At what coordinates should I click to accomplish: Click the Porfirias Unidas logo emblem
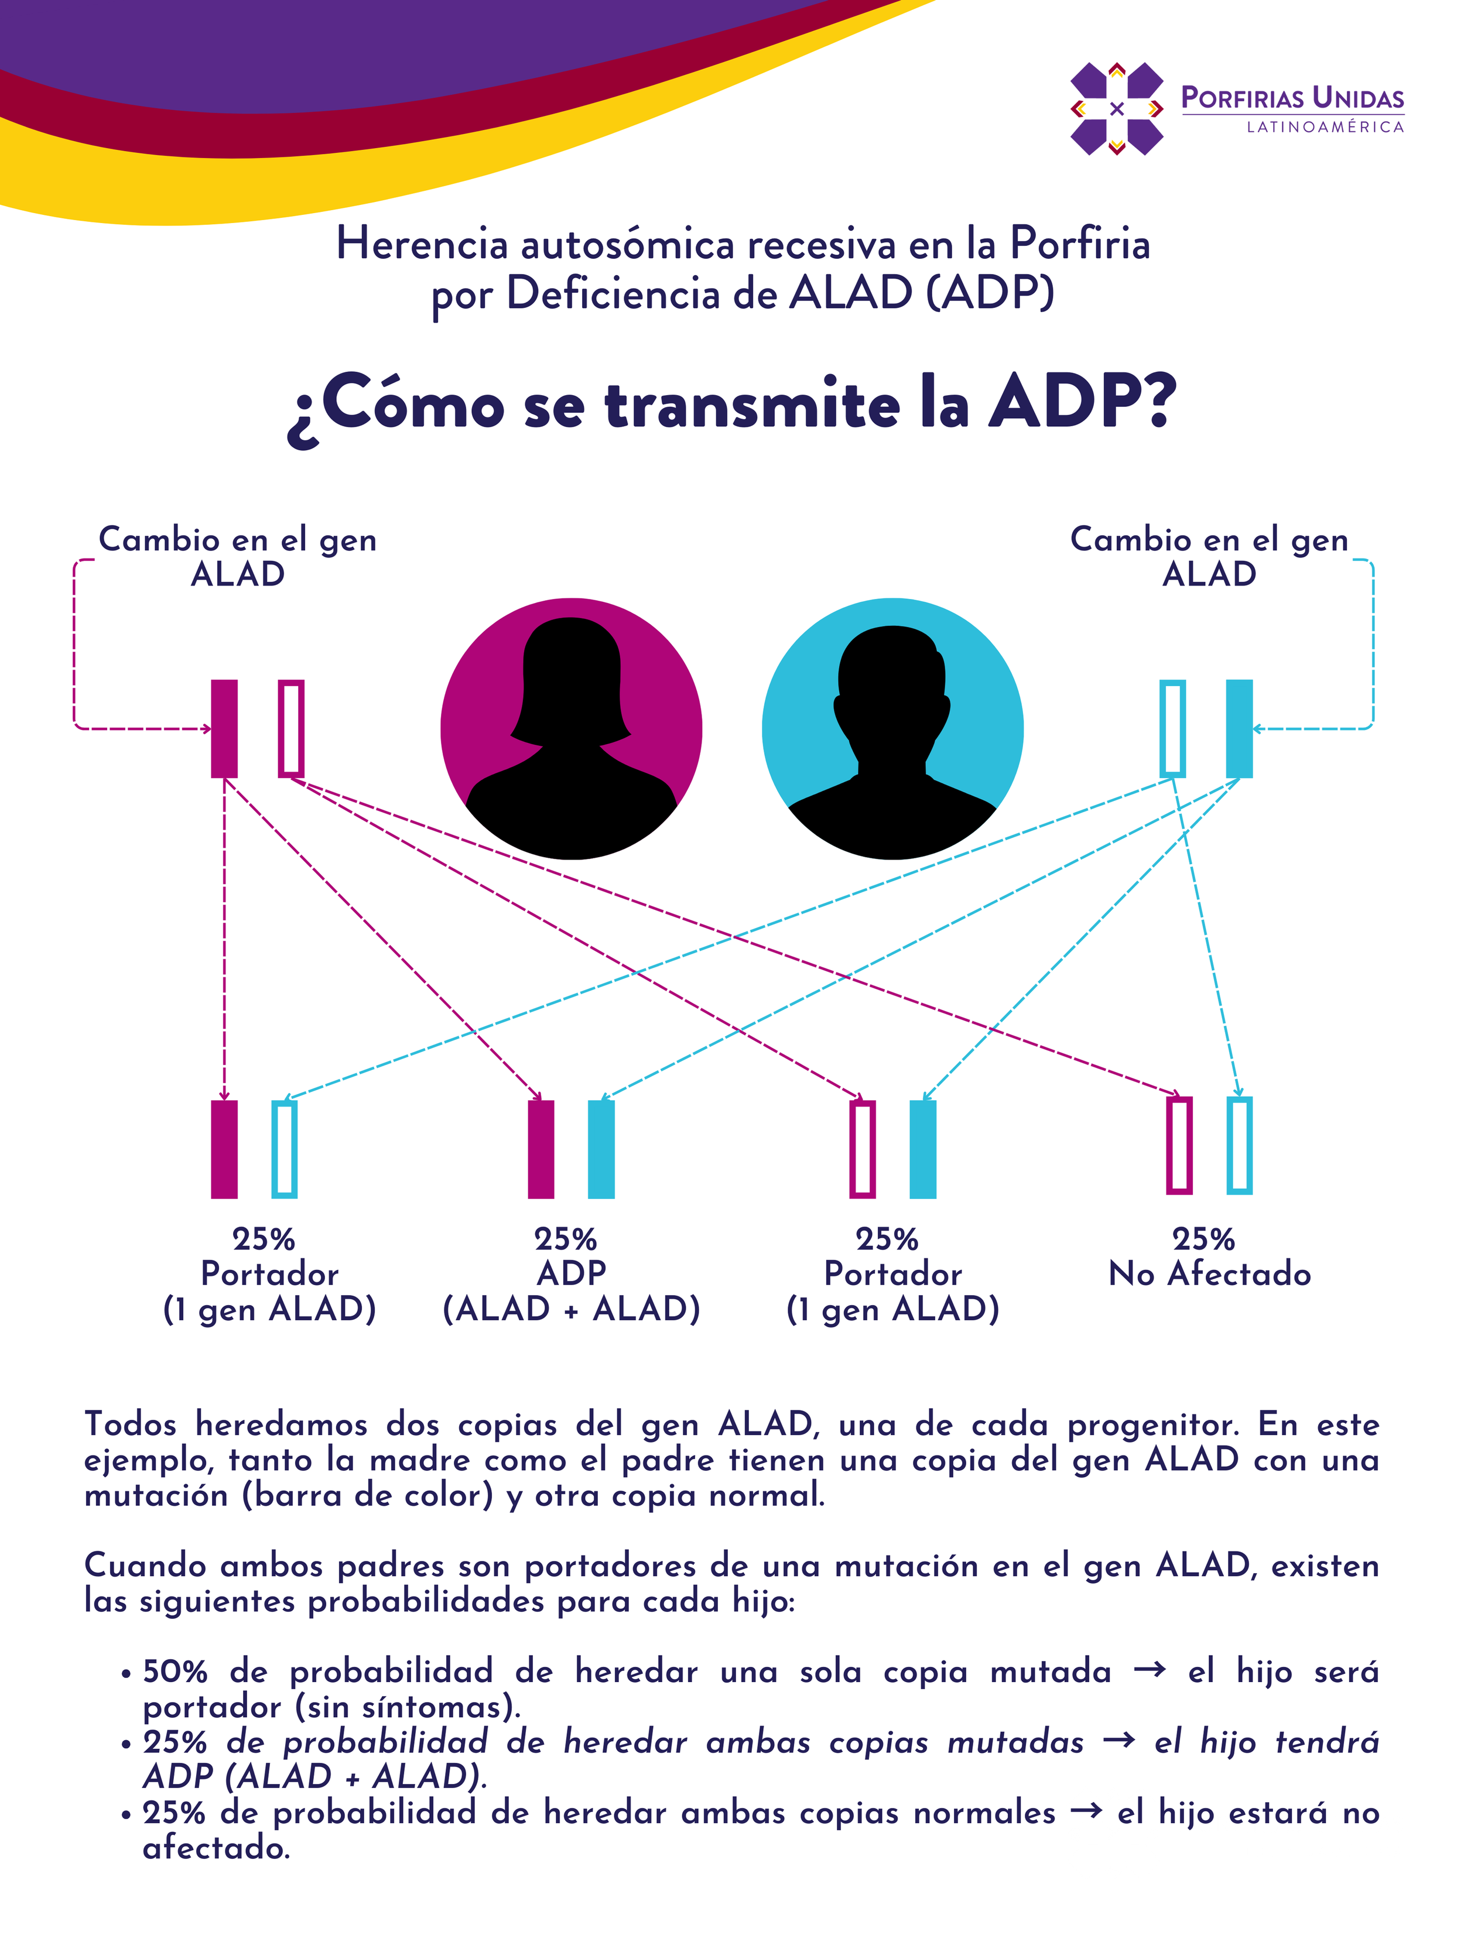click(1116, 108)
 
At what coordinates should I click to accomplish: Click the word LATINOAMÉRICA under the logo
click(1325, 127)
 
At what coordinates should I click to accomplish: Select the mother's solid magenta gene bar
click(224, 729)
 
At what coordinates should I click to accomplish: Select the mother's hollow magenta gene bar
click(291, 729)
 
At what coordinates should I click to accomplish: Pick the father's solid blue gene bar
click(1239, 729)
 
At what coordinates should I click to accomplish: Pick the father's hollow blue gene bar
click(1172, 729)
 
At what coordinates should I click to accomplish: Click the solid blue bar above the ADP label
click(601, 1149)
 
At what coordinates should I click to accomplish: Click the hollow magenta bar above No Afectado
click(1179, 1145)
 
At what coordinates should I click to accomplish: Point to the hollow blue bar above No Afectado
click(1239, 1145)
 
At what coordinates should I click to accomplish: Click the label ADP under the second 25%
click(571, 1273)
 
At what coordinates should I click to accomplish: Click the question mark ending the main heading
click(1152, 402)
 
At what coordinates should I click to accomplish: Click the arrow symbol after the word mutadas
click(1119, 1740)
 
